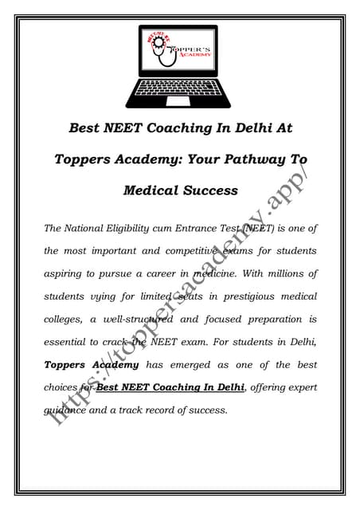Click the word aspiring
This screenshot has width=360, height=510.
[x=66, y=273]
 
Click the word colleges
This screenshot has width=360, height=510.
[x=66, y=320]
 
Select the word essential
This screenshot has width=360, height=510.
[x=68, y=343]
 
